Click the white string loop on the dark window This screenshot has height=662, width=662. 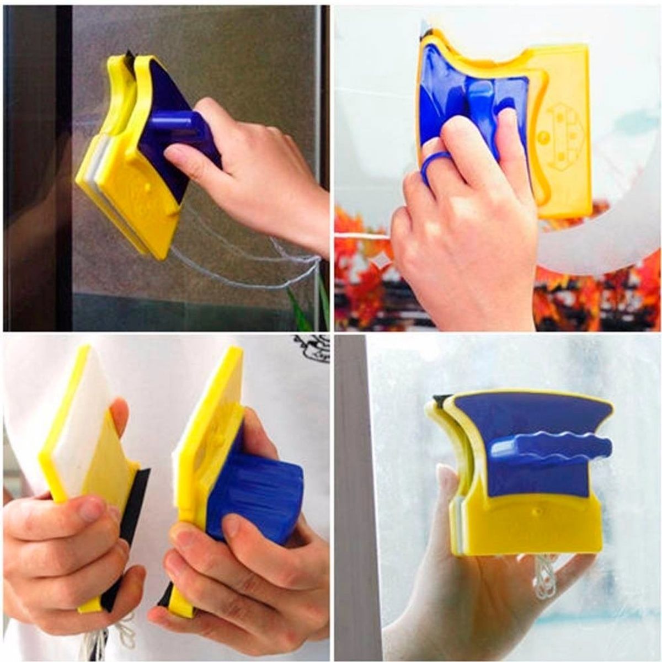[248, 265]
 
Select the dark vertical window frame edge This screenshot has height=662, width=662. [63, 165]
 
